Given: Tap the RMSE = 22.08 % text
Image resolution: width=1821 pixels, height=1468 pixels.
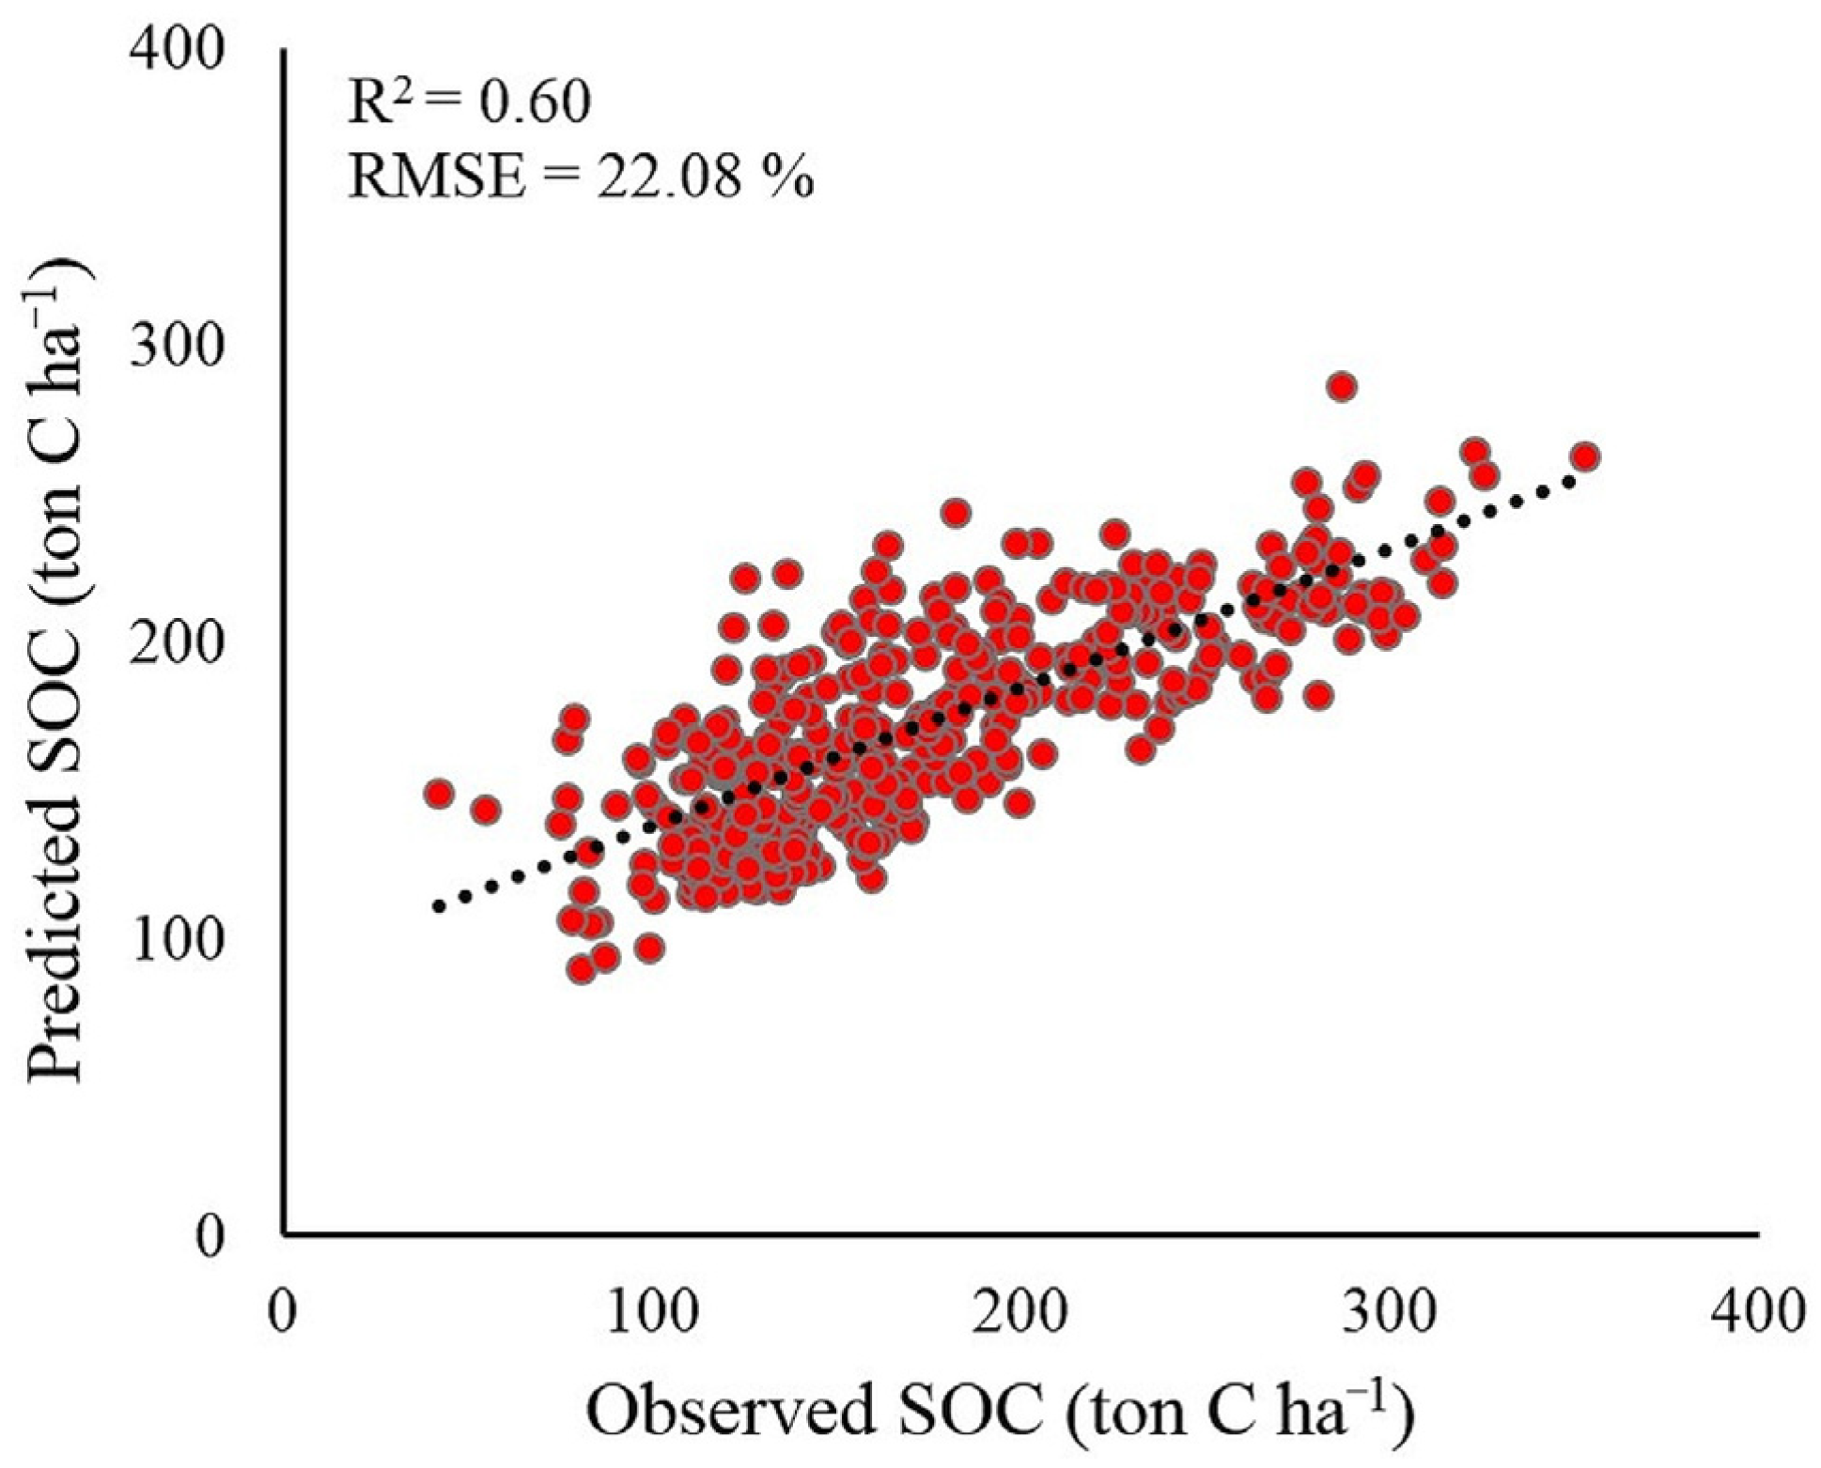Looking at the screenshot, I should click(580, 176).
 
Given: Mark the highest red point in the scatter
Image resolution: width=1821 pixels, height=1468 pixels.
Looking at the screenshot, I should click(1342, 386).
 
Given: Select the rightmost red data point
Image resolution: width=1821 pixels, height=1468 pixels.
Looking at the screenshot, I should click(1586, 456).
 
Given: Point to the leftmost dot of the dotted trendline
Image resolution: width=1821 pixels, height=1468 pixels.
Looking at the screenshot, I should click(438, 906).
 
